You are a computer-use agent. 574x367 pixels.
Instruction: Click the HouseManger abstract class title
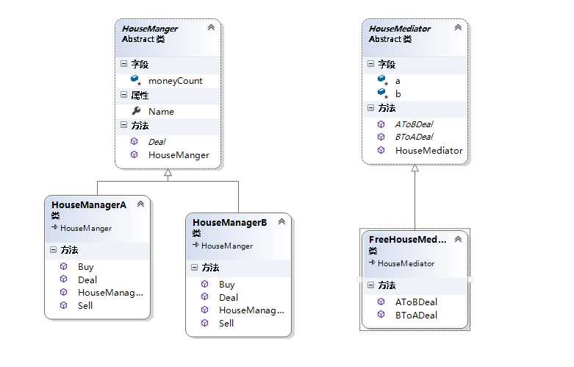pos(150,29)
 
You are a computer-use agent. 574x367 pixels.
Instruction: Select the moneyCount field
pos(175,80)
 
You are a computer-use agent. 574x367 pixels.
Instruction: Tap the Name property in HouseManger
pos(161,111)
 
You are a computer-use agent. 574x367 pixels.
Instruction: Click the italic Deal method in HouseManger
pos(157,141)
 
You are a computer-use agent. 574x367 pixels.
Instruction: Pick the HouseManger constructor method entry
pos(179,155)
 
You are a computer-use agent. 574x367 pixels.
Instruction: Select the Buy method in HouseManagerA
pos(85,267)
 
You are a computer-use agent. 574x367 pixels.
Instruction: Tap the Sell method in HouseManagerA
pos(85,305)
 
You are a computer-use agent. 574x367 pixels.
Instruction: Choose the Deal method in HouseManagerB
pos(229,298)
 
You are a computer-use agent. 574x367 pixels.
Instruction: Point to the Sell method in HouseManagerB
pos(226,323)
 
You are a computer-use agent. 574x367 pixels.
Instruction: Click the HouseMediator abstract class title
pos(400,29)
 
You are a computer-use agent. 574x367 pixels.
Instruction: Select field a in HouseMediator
pos(398,80)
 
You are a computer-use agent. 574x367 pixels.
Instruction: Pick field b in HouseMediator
pos(398,94)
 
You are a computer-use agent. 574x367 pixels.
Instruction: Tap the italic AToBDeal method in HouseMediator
pos(414,124)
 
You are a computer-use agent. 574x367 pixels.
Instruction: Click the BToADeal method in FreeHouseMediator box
pos(416,316)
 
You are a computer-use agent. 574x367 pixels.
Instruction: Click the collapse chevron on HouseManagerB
pos(282,221)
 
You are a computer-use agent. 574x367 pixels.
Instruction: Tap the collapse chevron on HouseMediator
pos(459,28)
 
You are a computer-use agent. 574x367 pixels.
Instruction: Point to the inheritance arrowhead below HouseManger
pos(168,173)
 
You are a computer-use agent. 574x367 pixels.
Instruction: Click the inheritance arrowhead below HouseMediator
pos(415,168)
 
